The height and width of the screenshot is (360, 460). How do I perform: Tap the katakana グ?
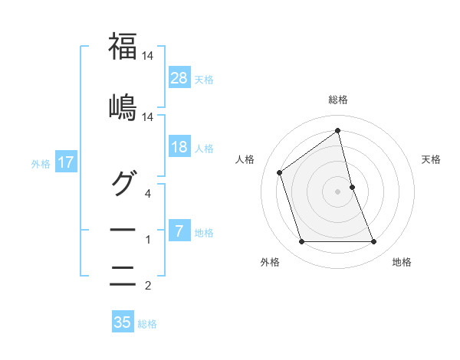pyautogui.click(x=123, y=182)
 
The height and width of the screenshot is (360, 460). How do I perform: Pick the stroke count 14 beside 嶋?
pyautogui.click(x=149, y=117)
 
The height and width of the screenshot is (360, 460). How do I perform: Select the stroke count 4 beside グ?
pyautogui.click(x=149, y=193)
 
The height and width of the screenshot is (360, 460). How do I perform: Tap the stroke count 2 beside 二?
pyautogui.click(x=149, y=287)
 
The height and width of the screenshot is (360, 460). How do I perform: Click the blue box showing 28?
pyautogui.click(x=179, y=77)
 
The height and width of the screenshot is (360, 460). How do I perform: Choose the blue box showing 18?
pyautogui.click(x=179, y=147)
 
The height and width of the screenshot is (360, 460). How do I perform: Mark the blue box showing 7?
pyautogui.click(x=179, y=231)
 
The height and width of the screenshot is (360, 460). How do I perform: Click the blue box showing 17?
pyautogui.click(x=65, y=162)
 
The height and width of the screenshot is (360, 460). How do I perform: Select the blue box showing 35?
pyautogui.click(x=123, y=322)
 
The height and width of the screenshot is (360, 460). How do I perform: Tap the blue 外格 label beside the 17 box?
pyautogui.click(x=41, y=163)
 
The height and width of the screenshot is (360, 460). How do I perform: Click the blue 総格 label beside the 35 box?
pyautogui.click(x=147, y=324)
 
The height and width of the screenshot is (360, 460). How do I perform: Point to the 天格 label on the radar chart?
pyautogui.click(x=431, y=159)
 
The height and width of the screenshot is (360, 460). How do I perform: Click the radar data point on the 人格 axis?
pyautogui.click(x=280, y=172)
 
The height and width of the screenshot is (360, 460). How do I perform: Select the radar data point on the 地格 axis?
pyautogui.click(x=373, y=242)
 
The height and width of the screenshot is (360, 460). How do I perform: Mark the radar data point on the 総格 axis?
pyautogui.click(x=338, y=130)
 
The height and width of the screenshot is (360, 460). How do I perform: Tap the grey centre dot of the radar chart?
pyautogui.click(x=338, y=191)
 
